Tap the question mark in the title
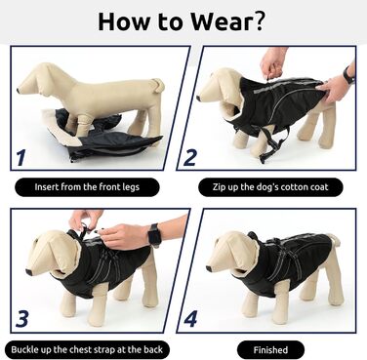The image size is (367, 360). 258,21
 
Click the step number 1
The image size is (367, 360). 21,157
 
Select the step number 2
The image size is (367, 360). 190,157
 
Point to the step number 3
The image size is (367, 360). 22,319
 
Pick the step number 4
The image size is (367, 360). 190,319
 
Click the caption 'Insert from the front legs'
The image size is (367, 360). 87,187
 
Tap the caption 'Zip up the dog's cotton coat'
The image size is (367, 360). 270,187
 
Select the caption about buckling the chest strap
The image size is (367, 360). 87,349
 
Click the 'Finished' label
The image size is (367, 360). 270,350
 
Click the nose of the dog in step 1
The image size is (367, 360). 19,90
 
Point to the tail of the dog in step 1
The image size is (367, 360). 159,84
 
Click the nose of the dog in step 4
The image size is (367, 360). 209,268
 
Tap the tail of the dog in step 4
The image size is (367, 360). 334,238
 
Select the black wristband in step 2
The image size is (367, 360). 348,75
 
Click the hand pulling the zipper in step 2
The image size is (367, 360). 272,63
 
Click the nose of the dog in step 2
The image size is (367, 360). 199,97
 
